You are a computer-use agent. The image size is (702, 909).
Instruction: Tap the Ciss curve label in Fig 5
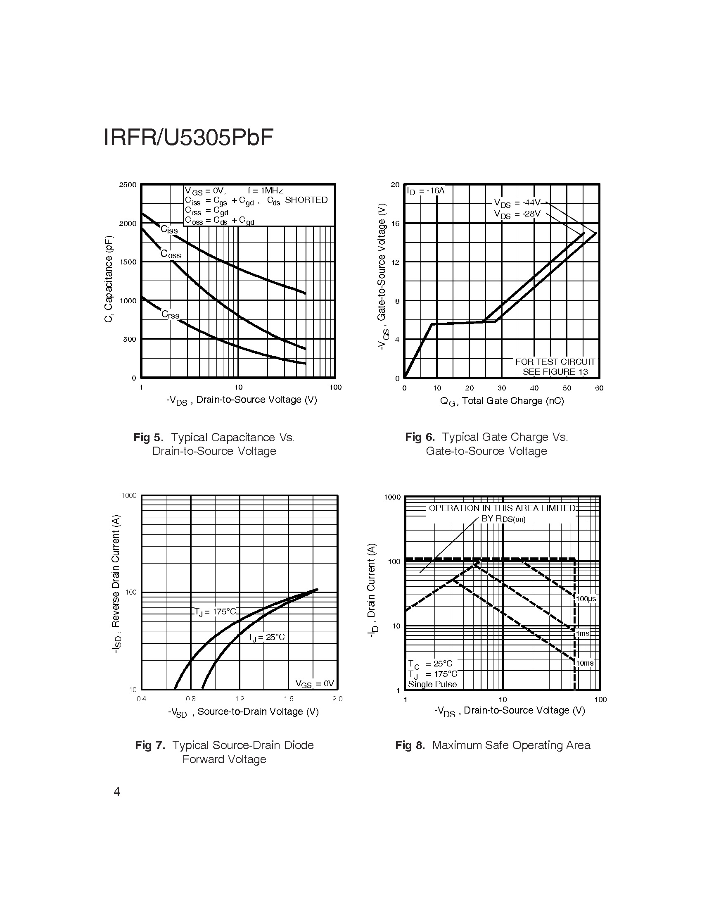click(169, 229)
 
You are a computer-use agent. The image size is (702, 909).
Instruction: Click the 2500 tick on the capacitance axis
click(128, 185)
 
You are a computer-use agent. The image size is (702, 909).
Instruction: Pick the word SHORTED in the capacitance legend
click(306, 200)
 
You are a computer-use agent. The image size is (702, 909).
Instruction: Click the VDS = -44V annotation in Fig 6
click(517, 203)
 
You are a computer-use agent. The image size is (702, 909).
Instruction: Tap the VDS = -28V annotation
click(517, 214)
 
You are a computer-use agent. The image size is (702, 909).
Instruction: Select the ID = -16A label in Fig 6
click(426, 190)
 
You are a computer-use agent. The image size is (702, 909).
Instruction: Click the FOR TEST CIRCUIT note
click(555, 362)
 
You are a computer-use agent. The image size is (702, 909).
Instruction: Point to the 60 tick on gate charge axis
click(599, 388)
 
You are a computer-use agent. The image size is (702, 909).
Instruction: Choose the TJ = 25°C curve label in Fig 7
click(266, 637)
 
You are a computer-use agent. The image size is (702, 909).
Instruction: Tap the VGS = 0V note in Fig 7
click(314, 683)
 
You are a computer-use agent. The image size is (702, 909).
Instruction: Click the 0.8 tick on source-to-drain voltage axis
click(190, 699)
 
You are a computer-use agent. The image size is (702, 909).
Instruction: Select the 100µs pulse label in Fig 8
click(586, 599)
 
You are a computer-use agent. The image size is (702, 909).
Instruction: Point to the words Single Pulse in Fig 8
click(432, 684)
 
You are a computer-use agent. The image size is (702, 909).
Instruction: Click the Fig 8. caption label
click(410, 745)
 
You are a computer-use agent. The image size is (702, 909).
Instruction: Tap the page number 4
click(117, 791)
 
